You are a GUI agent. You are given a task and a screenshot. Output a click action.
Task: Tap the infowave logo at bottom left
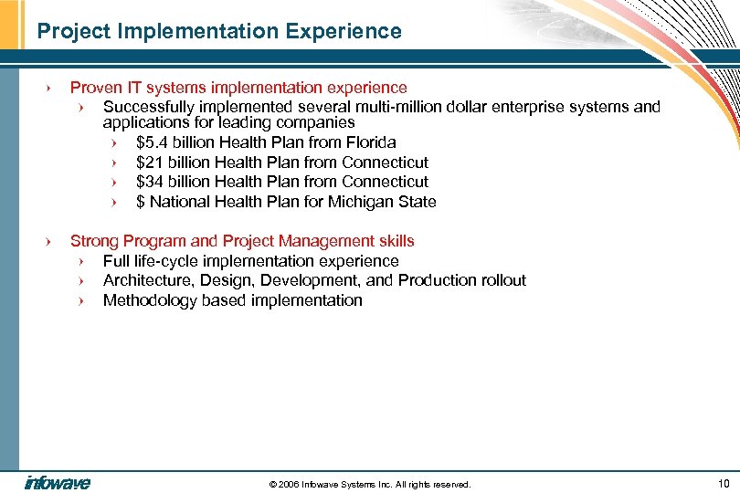coord(57,483)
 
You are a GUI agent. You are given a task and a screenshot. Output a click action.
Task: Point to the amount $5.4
coord(153,142)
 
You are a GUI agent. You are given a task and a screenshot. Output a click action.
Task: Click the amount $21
coord(149,163)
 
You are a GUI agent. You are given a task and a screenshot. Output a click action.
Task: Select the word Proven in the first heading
coord(94,88)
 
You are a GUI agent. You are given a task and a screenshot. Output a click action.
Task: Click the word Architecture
coord(146,280)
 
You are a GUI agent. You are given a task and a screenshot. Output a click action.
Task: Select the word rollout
coord(502,280)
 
